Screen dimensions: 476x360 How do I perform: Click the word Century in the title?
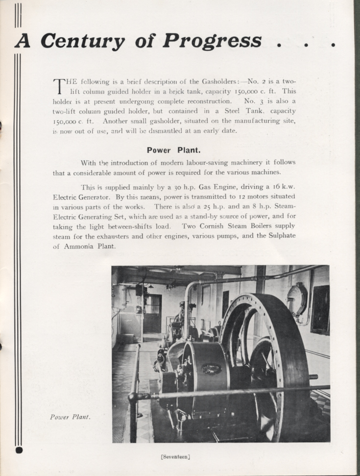tap(82, 41)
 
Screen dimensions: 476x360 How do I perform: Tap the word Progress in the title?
tap(212, 41)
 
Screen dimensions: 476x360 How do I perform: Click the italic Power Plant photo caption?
tap(70, 417)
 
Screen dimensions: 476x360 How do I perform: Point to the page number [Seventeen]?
tap(175, 457)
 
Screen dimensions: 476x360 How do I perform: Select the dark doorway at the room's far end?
tap(152, 314)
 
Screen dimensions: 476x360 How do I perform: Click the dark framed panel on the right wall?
tap(320, 309)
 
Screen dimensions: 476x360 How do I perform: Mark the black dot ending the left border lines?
tap(19, 450)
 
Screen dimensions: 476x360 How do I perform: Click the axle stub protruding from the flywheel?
tap(312, 377)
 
